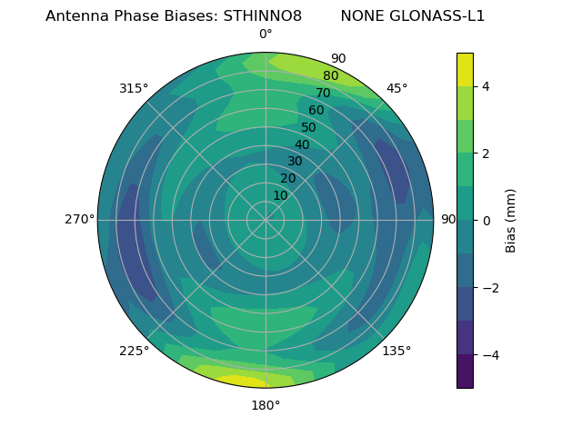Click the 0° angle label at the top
(x=266, y=35)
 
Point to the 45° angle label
(x=396, y=88)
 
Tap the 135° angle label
(x=396, y=351)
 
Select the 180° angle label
(x=266, y=405)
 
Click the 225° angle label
(x=134, y=351)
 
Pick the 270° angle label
(x=79, y=219)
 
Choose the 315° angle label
(x=134, y=88)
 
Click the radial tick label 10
(x=280, y=195)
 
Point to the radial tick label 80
(x=330, y=76)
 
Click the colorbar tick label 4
(x=485, y=86)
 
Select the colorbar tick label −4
(x=488, y=355)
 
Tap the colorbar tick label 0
(x=485, y=221)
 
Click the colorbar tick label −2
(x=488, y=288)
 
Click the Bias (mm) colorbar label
(x=511, y=221)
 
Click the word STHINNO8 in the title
(x=263, y=16)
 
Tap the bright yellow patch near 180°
(x=238, y=381)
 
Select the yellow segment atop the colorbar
(x=465, y=69)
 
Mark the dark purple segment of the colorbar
(x=465, y=371)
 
